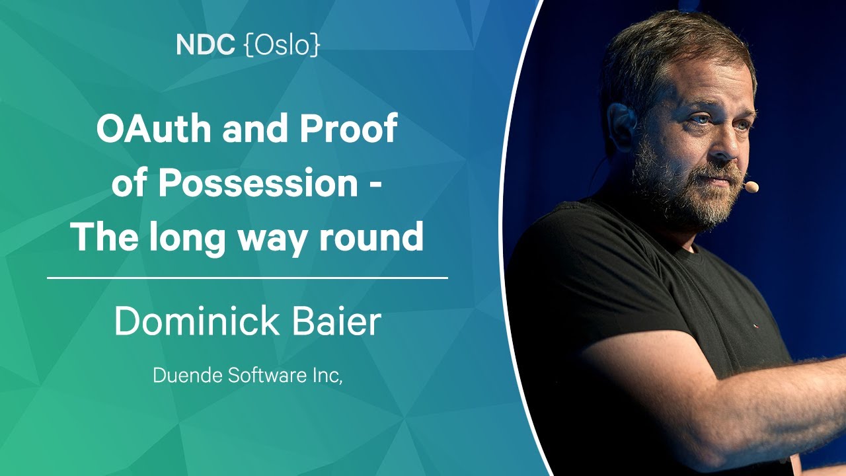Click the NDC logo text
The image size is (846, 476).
206,45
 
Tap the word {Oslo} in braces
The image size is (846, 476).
282,46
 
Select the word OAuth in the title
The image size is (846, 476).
154,128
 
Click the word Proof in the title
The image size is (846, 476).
348,128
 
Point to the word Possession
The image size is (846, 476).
258,183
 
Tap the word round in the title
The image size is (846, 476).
371,237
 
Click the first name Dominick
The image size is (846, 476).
197,321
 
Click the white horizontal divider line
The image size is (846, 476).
247,278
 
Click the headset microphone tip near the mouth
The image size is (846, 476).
751,186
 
